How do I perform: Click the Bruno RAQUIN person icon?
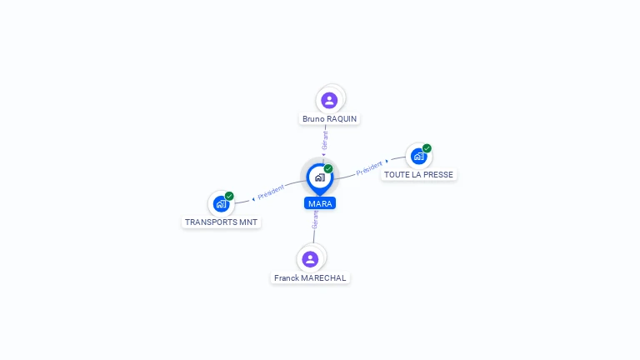click(329, 100)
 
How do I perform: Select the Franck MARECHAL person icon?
click(310, 259)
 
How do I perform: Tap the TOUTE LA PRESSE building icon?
click(418, 157)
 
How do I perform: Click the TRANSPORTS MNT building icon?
click(221, 204)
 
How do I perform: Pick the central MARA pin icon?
click(320, 178)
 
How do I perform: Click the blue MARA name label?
click(320, 203)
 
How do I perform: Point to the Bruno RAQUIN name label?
click(329, 119)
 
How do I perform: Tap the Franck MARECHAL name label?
click(310, 278)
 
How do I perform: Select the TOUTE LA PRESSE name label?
click(418, 175)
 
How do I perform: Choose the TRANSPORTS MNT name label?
click(221, 222)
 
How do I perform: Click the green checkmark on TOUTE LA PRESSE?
click(427, 148)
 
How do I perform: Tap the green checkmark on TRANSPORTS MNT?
click(229, 196)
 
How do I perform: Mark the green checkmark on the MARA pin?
click(328, 168)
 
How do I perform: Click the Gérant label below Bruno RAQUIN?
click(325, 140)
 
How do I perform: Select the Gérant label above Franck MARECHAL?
click(315, 220)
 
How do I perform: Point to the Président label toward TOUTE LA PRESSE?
click(369, 168)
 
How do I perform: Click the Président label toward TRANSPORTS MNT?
click(271, 192)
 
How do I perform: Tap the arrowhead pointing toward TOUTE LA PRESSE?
click(387, 161)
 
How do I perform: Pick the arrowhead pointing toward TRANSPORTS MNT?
click(253, 199)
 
